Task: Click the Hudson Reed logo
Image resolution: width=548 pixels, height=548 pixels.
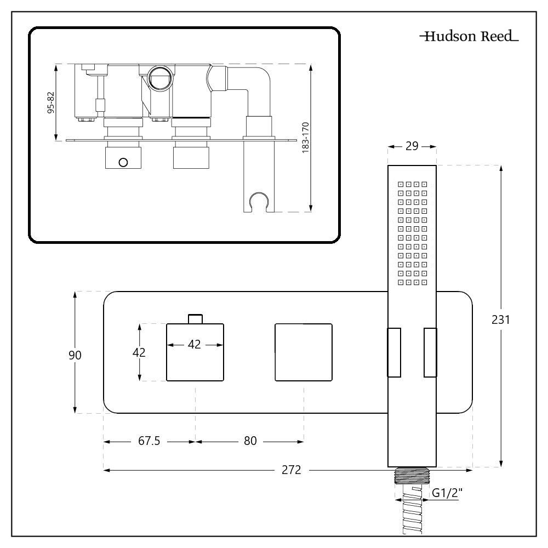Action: coord(469,38)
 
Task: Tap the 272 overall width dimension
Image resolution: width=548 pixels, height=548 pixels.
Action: coord(292,470)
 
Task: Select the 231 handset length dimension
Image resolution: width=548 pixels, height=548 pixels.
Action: coord(501,319)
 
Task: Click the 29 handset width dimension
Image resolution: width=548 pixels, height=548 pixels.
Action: coord(412,146)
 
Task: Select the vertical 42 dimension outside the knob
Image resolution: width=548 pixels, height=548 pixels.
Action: coord(140,352)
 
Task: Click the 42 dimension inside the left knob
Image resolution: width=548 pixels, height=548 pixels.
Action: coord(195,345)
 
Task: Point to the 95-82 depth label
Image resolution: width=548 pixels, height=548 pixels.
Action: coord(51,102)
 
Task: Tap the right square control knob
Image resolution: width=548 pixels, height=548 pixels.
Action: coord(303,352)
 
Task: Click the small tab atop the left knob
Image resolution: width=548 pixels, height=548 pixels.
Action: coord(195,318)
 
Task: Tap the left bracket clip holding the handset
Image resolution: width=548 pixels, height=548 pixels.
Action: coord(394,352)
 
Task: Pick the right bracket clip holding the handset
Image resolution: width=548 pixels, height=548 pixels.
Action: coord(430,352)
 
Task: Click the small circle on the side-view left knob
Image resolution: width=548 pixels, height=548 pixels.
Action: coord(123,162)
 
